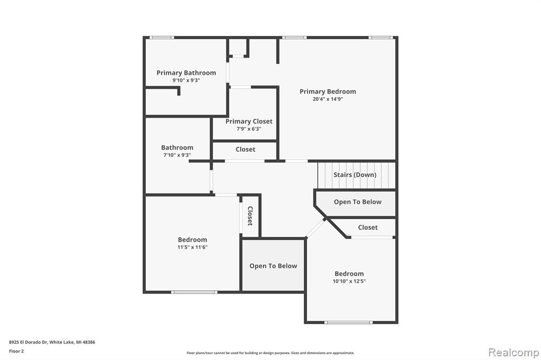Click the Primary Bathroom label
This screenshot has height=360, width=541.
click(186, 73)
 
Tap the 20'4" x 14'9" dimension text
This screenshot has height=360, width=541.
click(328, 99)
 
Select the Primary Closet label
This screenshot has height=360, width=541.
click(249, 121)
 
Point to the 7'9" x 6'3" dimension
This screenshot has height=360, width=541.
click(249, 129)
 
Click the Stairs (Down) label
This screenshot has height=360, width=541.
click(355, 175)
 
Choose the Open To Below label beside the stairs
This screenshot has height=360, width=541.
click(358, 202)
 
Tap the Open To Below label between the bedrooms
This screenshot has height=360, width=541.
click(273, 266)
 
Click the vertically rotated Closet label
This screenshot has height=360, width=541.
click(250, 216)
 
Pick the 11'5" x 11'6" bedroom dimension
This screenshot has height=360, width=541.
click(192, 247)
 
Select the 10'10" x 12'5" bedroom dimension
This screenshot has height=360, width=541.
click(349, 281)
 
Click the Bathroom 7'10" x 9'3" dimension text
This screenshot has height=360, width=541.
click(177, 155)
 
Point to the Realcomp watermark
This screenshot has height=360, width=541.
click(514, 353)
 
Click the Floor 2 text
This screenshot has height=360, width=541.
click(16, 351)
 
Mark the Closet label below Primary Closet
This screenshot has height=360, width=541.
click(245, 149)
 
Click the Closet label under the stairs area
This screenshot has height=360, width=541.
click(368, 227)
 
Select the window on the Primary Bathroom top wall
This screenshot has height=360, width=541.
click(162, 37)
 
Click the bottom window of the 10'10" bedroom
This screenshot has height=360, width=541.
click(349, 323)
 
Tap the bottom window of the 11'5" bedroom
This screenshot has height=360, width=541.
click(194, 292)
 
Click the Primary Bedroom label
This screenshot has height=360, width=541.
click(328, 91)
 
